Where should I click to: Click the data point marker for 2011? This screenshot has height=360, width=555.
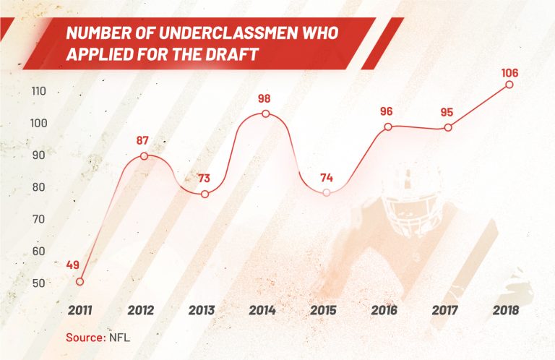point(79,281)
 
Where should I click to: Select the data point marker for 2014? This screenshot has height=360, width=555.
point(266,113)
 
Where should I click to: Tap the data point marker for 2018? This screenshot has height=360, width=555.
point(509,85)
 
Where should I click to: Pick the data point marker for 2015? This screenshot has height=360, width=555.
point(327,192)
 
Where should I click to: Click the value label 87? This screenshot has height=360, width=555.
point(145,140)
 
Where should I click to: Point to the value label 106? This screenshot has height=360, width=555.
point(509,72)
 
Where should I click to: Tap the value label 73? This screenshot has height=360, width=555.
point(205,178)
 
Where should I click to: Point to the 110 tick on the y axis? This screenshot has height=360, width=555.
point(38,92)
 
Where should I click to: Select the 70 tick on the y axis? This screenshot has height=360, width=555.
point(38,219)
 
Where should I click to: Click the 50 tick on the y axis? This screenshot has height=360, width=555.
point(38,283)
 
